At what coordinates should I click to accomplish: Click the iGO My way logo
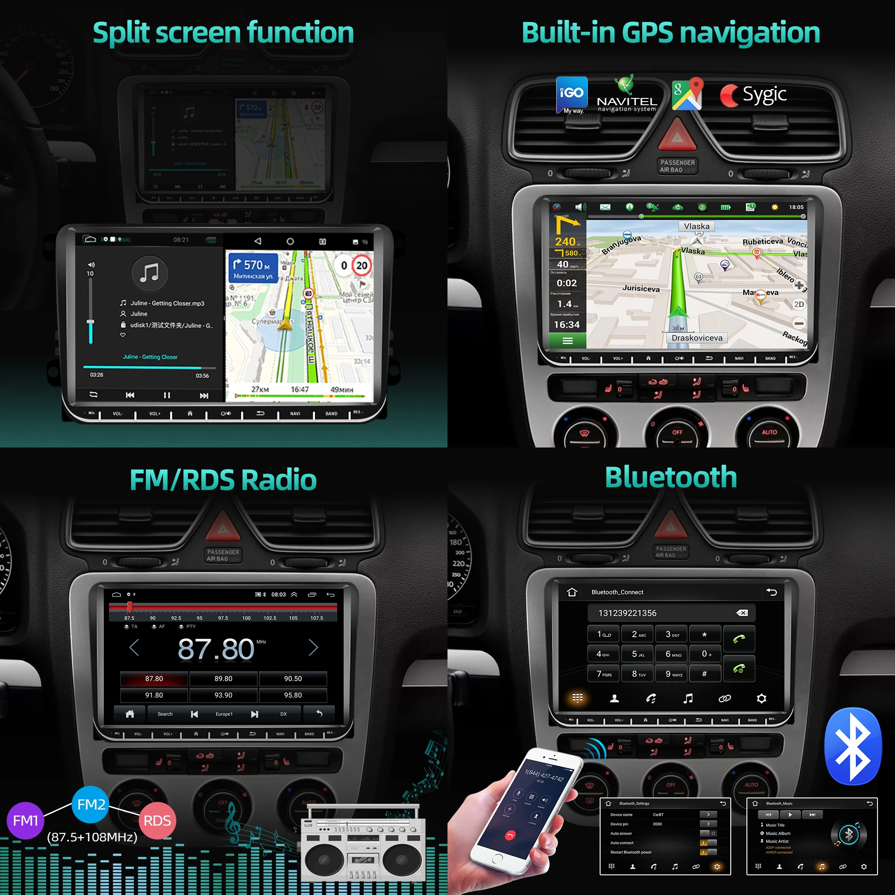pos(571,94)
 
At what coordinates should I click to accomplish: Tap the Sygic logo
pos(753,95)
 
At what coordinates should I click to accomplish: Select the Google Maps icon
pos(687,94)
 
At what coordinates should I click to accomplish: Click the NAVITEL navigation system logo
pos(626,95)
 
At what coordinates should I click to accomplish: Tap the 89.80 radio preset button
pos(223,679)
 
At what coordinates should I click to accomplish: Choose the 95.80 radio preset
pos(293,695)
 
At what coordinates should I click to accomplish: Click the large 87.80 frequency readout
pos(216,649)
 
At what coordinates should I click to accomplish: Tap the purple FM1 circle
pos(25,821)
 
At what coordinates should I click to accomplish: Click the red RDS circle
pos(157,821)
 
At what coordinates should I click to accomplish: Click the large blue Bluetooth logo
pos(853,746)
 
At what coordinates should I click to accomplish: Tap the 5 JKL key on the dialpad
pos(639,654)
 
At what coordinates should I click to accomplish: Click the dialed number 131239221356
pos(627,614)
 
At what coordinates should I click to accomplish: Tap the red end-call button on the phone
pos(510,835)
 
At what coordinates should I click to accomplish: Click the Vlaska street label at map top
pos(696,226)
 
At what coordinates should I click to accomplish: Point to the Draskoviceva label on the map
pos(697,338)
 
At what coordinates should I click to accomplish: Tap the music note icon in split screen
pos(149,273)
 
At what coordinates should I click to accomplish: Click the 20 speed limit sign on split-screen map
pos(362,265)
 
